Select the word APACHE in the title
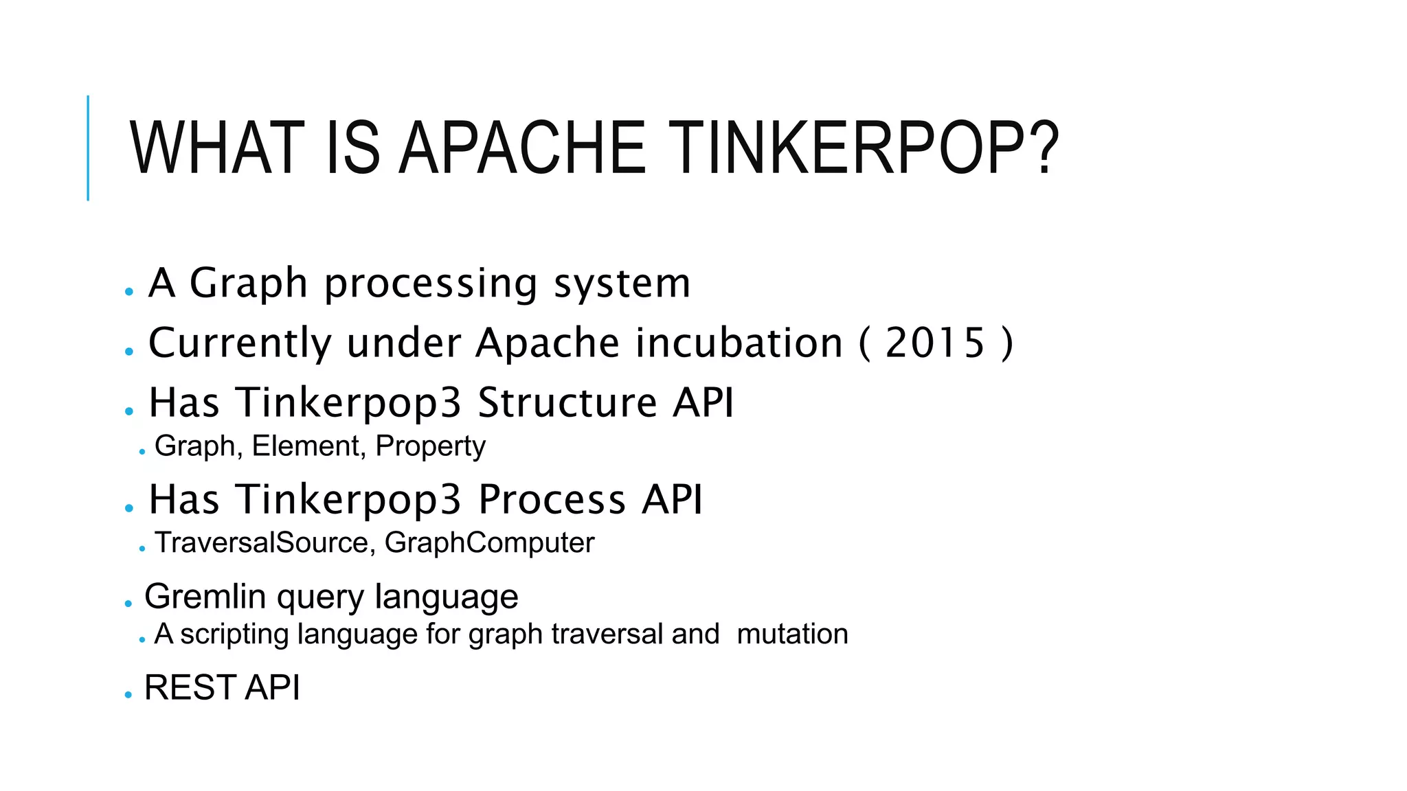(522, 148)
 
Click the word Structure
(567, 402)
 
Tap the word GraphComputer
(489, 542)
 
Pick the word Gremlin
(205, 596)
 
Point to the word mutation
(792, 634)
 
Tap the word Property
(431, 447)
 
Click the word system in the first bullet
(622, 283)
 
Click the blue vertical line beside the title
(88, 148)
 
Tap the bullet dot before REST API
(128, 695)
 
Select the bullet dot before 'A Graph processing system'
(128, 292)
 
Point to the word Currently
(240, 343)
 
